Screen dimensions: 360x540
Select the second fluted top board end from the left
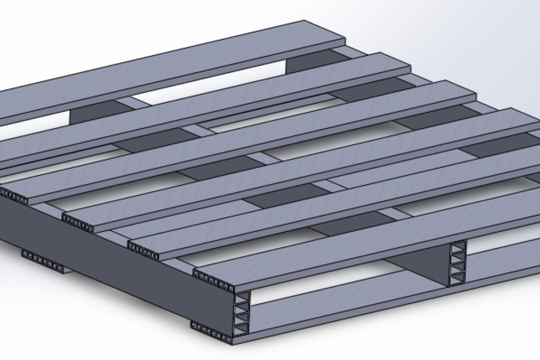(x=77, y=223)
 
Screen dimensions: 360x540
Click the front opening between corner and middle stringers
(x=345, y=292)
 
